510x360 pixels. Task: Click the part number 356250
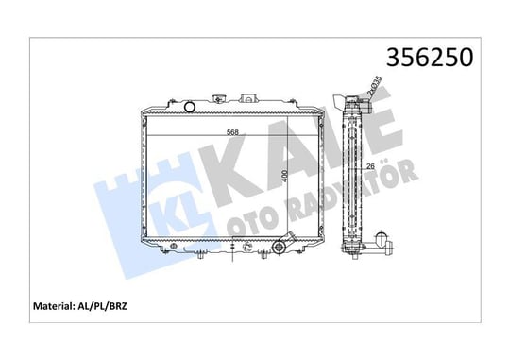[x=430, y=58]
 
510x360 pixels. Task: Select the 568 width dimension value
[x=232, y=132]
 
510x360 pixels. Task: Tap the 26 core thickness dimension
[x=370, y=166]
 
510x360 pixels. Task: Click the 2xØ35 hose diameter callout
[x=374, y=86]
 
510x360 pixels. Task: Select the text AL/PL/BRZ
[x=102, y=306]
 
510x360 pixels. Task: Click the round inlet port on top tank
[x=189, y=107]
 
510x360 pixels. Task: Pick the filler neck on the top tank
[x=219, y=98]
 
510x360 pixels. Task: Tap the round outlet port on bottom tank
[x=279, y=247]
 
